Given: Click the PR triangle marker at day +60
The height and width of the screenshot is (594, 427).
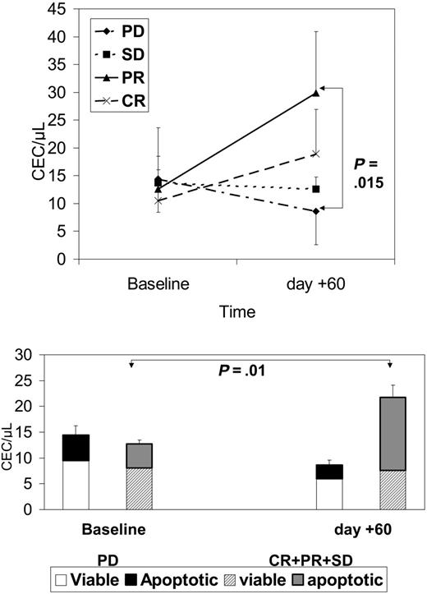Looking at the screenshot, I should [x=315, y=93].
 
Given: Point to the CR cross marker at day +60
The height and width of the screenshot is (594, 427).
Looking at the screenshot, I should [x=315, y=154].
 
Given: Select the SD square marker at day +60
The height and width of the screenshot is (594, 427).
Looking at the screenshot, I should [x=315, y=189].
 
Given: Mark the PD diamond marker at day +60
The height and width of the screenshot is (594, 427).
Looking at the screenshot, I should [x=315, y=211].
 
